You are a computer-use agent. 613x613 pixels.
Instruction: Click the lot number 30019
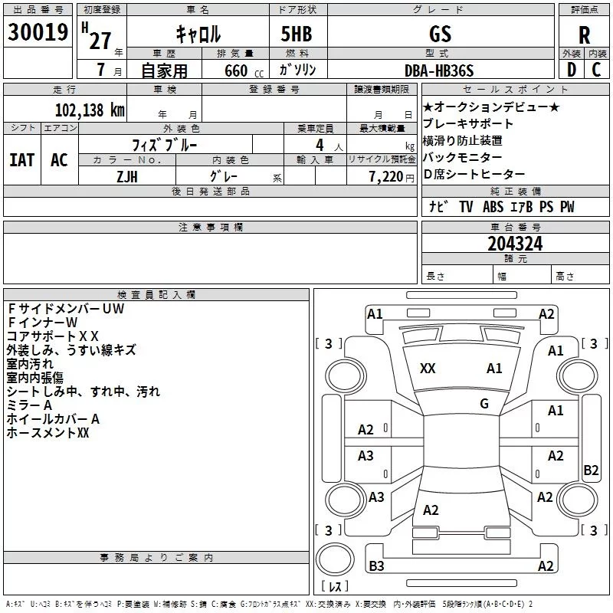click(x=38, y=32)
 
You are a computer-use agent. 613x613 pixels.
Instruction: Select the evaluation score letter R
click(x=584, y=36)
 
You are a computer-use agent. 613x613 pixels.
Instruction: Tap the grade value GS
click(x=441, y=34)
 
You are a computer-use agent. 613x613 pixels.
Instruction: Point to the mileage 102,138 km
click(x=89, y=110)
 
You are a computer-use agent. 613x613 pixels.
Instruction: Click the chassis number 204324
click(x=515, y=244)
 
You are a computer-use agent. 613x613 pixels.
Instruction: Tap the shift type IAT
click(x=21, y=159)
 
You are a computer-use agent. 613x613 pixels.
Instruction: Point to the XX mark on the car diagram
click(x=428, y=369)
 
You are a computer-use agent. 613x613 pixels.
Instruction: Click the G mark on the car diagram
click(x=484, y=404)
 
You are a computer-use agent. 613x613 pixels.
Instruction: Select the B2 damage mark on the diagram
click(x=591, y=470)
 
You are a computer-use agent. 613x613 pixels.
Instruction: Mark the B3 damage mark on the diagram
click(x=376, y=566)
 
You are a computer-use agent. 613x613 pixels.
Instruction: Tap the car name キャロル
click(x=198, y=34)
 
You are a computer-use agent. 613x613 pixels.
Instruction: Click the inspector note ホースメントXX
click(x=48, y=433)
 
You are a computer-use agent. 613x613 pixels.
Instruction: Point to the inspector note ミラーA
click(x=29, y=405)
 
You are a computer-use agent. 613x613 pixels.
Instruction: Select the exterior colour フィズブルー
click(x=166, y=143)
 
